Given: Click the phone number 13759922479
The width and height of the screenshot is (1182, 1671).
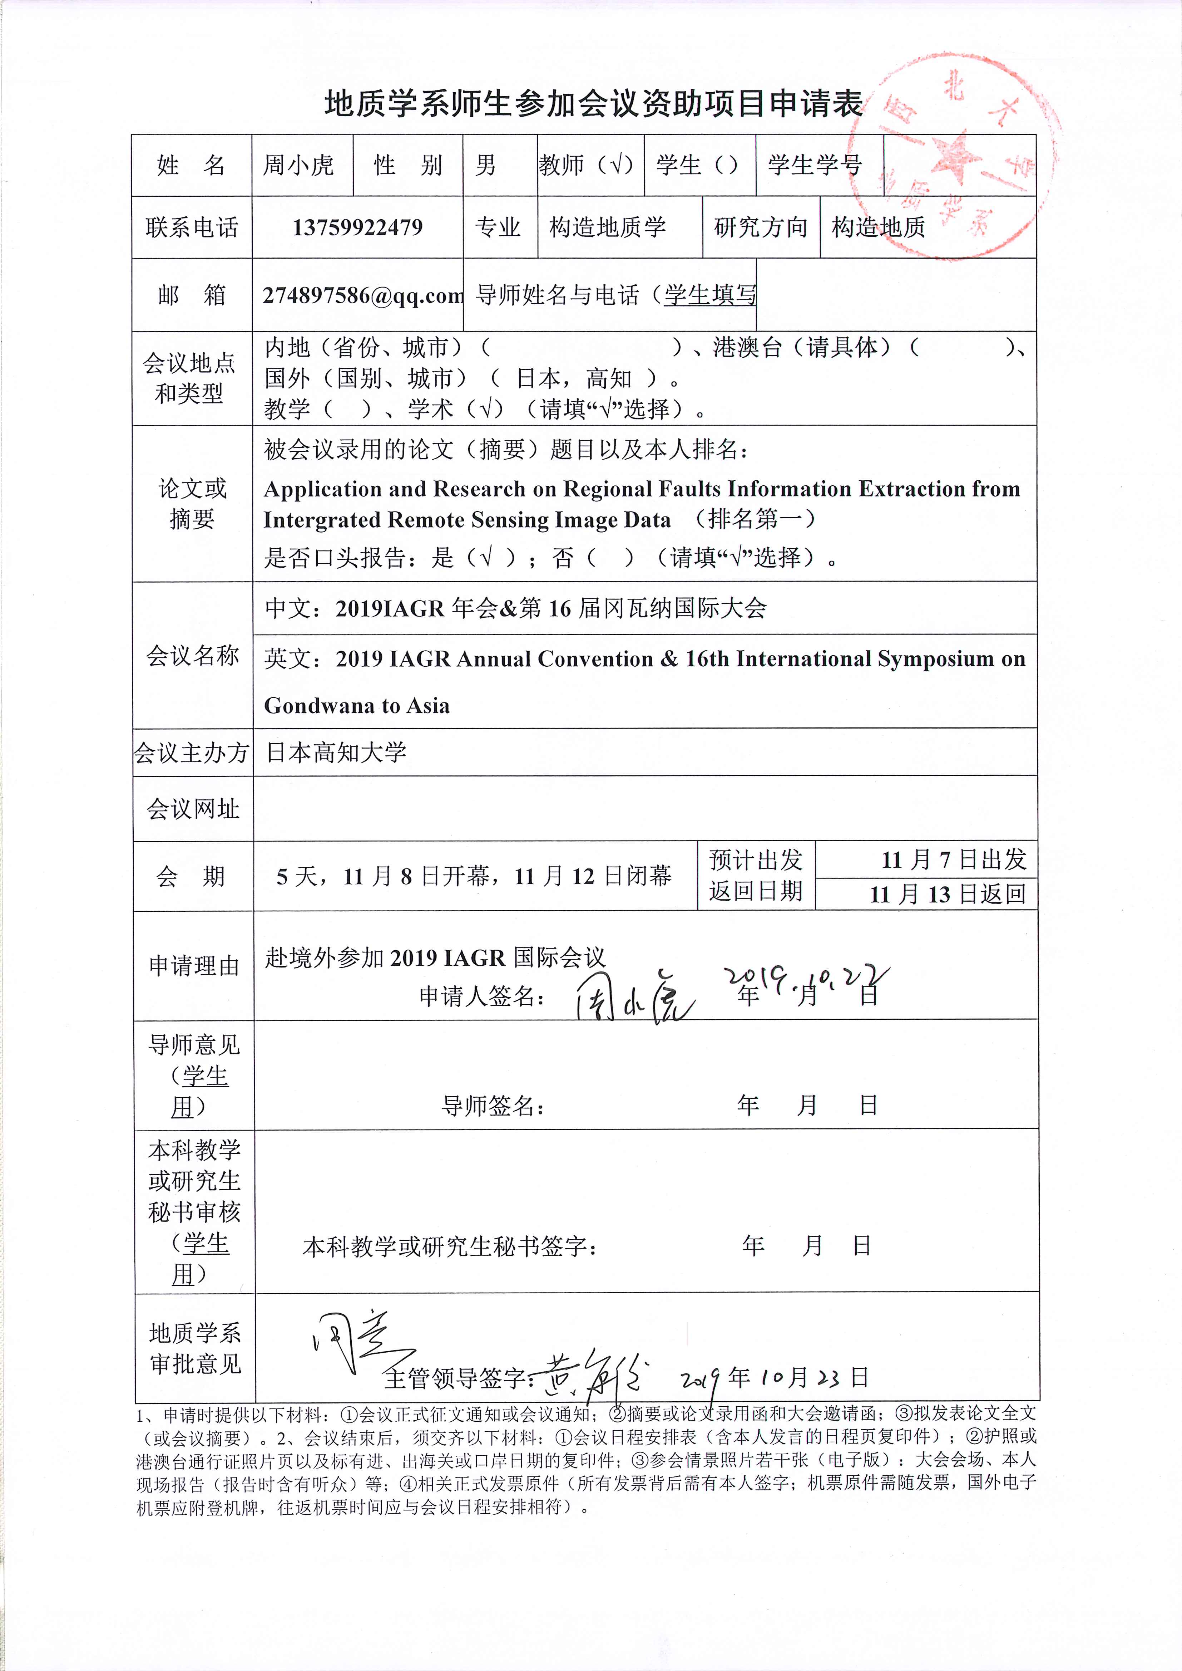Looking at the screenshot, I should pyautogui.click(x=357, y=227).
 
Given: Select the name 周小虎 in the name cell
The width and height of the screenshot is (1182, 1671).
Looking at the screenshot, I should pyautogui.click(x=298, y=165).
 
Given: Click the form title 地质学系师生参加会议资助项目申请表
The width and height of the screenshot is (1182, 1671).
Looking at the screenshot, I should pyautogui.click(x=593, y=104).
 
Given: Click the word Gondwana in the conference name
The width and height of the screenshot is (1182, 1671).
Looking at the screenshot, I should pyautogui.click(x=322, y=706).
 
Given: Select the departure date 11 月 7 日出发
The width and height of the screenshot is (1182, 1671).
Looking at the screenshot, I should pyautogui.click(x=954, y=860).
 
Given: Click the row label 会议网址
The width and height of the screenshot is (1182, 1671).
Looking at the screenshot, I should pyautogui.click(x=193, y=809).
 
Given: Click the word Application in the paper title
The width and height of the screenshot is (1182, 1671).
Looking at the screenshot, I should pyautogui.click(x=322, y=489).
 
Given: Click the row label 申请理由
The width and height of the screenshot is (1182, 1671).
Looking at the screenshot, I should pyautogui.click(x=194, y=965).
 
